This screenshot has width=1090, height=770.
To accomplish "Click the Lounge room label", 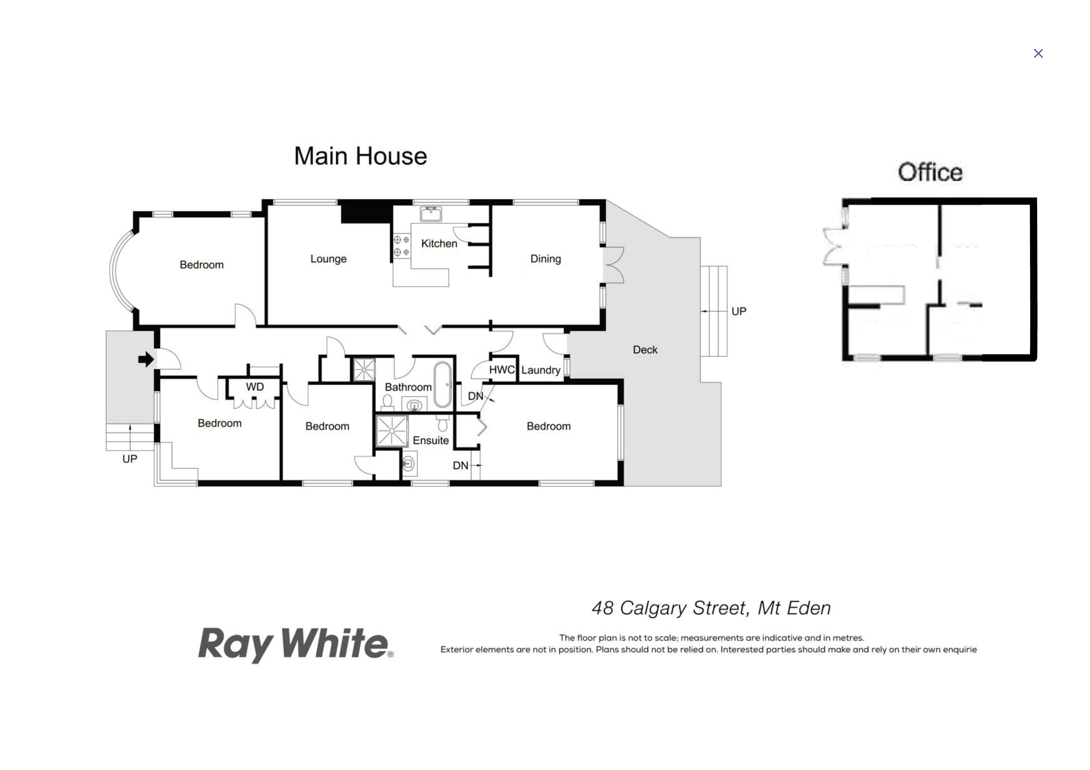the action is click(x=328, y=259).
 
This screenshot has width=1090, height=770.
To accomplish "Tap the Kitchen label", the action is click(x=439, y=243).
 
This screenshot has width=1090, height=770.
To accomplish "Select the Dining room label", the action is click(x=546, y=259).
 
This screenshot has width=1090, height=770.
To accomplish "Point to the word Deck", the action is click(x=645, y=350).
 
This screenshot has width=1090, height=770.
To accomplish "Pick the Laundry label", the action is click(x=541, y=370).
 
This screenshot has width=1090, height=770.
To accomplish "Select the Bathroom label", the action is click(x=408, y=387).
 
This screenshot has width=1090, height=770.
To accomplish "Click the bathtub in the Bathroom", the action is click(x=442, y=385).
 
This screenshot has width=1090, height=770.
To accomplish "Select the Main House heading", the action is click(x=360, y=156).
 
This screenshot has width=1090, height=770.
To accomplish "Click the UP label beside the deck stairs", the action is click(x=739, y=311).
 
